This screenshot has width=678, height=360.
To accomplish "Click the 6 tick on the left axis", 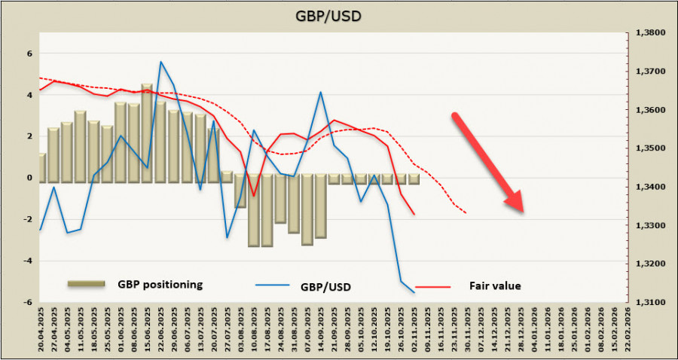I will tap(29, 53).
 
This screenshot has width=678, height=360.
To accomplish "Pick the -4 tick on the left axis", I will tap(28, 261).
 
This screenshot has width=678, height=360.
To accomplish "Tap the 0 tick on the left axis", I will tap(29, 178).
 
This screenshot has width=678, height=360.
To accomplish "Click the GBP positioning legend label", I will tap(160, 285).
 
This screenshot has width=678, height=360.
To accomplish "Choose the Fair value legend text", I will tap(495, 286).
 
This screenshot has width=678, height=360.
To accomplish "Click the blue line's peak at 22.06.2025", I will tap(160, 62).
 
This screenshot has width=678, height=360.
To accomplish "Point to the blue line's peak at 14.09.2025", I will tap(321, 92).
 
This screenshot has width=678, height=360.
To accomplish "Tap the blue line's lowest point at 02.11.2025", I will tap(414, 292).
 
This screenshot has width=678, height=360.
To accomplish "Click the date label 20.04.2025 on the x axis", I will tap(41, 331).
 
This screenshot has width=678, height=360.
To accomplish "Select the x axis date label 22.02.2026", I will tap(628, 331).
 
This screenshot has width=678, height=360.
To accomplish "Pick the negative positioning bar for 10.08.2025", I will tap(254, 211).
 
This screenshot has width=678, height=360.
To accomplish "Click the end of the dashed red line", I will tap(466, 213).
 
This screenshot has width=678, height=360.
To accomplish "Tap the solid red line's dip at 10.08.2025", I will tap(254, 196).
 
